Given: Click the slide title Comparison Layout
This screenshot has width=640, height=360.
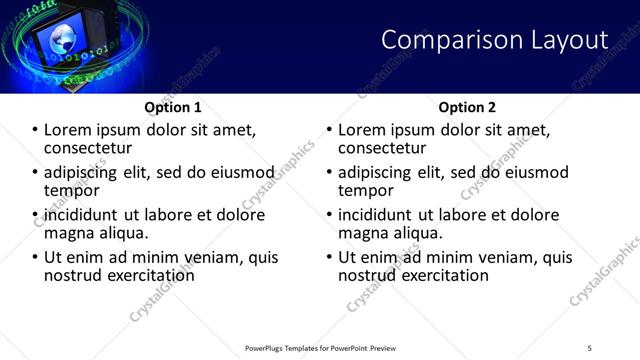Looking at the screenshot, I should pos(495,40).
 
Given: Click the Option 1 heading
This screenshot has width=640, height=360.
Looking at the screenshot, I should pos(173,107).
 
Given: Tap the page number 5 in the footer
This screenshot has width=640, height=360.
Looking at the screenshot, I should pos(589,347).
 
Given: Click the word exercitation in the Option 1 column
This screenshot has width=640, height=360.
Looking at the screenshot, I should pos(147,274).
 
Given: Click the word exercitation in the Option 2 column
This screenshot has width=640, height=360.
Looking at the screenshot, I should pos(441,274).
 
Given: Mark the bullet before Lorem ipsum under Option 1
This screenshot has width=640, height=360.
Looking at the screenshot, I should pos(35,131).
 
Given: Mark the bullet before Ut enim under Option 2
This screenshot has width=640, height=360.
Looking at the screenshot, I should pos(329,257).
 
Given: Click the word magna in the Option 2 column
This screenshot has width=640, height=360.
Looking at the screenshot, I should pos(363,232).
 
